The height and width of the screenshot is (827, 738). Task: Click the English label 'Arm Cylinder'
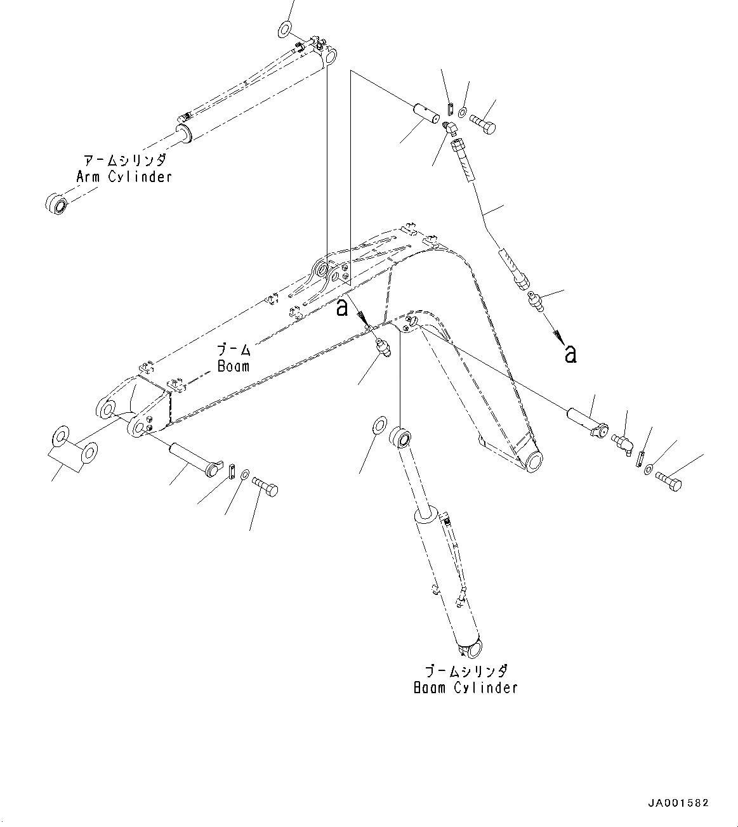tap(124, 176)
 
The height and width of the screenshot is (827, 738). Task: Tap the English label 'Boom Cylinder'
tap(465, 687)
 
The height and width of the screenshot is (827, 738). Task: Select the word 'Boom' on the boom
tap(233, 366)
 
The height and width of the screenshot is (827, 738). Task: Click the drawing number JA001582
tap(678, 803)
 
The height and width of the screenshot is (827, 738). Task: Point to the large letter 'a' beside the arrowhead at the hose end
tap(570, 354)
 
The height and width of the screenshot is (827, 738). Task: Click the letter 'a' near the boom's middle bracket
tap(342, 308)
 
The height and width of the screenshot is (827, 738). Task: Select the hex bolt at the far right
tap(668, 481)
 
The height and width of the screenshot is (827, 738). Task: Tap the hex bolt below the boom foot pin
tap(266, 488)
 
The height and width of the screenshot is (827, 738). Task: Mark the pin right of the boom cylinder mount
tap(587, 420)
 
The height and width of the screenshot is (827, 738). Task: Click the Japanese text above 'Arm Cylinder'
tap(124, 159)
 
